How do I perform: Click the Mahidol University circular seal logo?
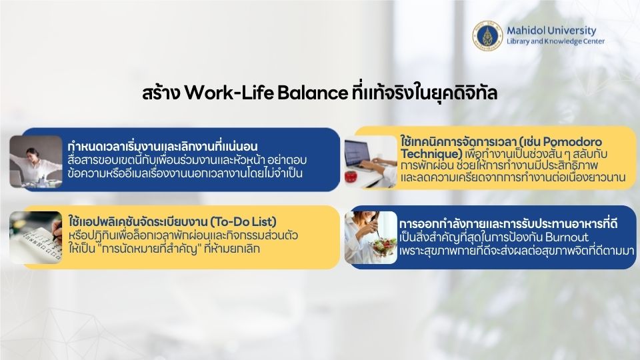(487, 36)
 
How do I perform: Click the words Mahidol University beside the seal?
(551, 31)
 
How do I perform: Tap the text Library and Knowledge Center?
(555, 41)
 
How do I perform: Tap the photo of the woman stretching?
(36, 161)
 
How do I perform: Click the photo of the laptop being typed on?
(371, 161)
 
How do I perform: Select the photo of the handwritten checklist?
(36, 237)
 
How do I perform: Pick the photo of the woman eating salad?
(371, 237)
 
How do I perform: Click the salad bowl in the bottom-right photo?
(383, 247)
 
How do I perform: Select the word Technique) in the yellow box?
(431, 154)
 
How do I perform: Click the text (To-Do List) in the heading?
(243, 221)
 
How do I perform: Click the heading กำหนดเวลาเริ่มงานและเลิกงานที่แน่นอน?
(163, 146)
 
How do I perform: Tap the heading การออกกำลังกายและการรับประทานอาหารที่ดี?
(508, 224)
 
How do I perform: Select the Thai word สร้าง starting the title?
(161, 93)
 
